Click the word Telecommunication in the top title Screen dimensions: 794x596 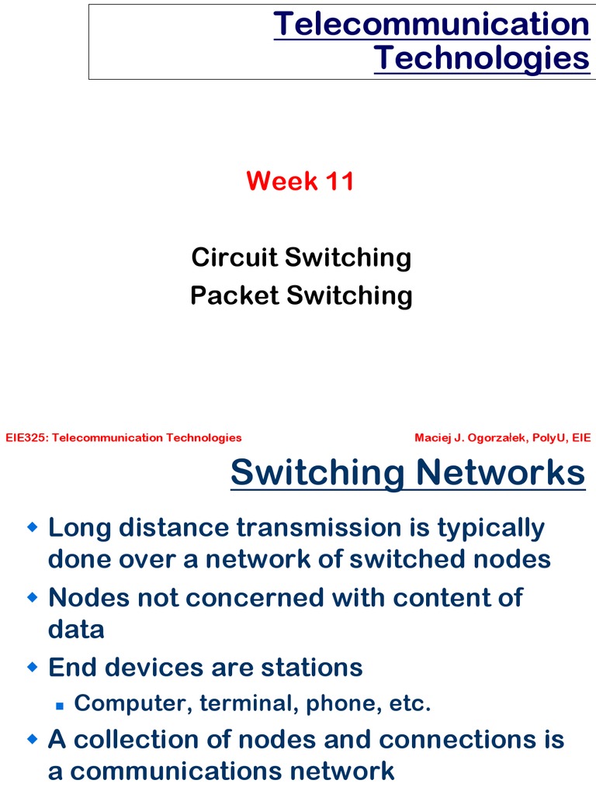431,25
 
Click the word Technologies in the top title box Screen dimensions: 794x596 481,59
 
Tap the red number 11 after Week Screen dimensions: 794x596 340,181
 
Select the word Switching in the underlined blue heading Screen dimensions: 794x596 318,472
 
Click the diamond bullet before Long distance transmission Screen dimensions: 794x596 32,527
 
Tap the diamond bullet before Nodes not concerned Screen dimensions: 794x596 32,597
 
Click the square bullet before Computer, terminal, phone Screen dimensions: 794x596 59,706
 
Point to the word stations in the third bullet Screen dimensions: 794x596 310,667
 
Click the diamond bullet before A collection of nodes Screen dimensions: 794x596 32,740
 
